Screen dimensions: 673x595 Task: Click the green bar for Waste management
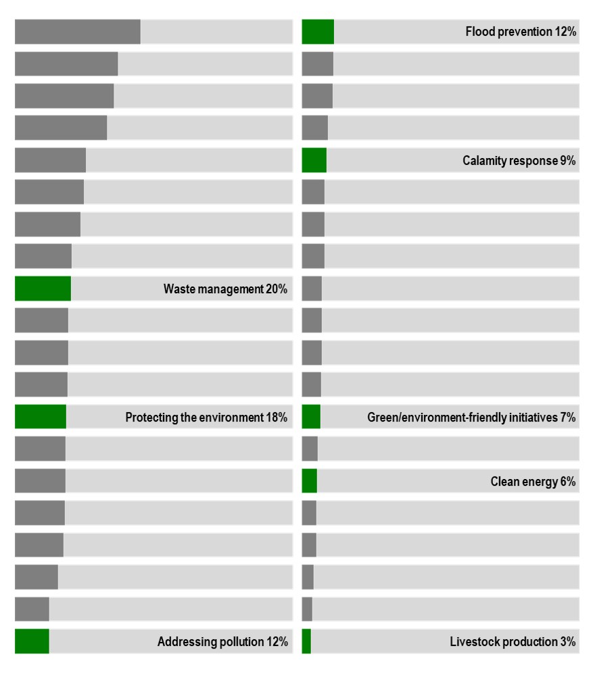click(x=43, y=289)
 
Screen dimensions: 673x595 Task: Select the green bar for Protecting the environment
click(x=41, y=417)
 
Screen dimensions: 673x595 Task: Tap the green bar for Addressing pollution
click(x=32, y=641)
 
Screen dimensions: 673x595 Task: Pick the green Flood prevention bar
click(x=318, y=32)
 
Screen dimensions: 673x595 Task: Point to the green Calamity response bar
click(x=314, y=160)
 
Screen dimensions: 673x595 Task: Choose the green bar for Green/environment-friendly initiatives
click(x=311, y=417)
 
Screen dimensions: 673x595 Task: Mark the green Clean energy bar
click(x=309, y=481)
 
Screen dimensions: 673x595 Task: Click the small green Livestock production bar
click(x=306, y=641)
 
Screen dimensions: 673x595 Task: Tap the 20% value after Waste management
click(x=277, y=289)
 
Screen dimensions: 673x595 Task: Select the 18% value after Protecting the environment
click(x=277, y=418)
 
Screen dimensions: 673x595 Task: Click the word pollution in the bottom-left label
click(x=241, y=642)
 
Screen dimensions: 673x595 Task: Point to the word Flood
click(x=479, y=32)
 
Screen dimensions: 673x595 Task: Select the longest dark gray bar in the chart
click(x=78, y=32)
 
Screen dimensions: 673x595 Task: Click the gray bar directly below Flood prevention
click(x=317, y=64)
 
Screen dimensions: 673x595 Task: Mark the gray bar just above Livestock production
click(x=307, y=609)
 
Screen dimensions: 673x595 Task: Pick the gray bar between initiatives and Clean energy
click(x=310, y=449)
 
